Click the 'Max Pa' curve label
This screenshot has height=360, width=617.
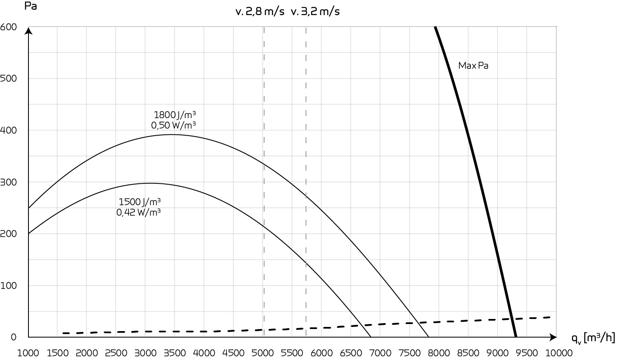tap(473, 66)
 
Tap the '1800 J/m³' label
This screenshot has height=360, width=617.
tap(175, 115)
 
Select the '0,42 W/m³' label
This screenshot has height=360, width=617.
tap(139, 212)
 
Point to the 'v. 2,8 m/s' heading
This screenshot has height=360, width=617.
tap(260, 12)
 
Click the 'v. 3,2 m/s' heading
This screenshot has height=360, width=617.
tap(315, 12)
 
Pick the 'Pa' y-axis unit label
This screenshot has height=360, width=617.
tap(31, 7)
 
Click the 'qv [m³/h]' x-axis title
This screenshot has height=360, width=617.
tap(593, 338)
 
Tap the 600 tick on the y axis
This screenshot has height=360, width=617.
tap(8, 27)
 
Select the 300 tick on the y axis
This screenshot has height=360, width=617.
tap(8, 182)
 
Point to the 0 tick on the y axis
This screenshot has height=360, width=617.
tap(13, 337)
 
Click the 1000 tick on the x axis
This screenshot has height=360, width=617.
tap(28, 352)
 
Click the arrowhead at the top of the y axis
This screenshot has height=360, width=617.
tap(28, 30)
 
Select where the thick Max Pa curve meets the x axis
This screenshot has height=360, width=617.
tap(516, 337)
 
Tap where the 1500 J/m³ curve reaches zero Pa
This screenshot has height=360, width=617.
tap(370, 337)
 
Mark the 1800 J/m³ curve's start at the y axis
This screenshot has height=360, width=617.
tap(28, 208)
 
